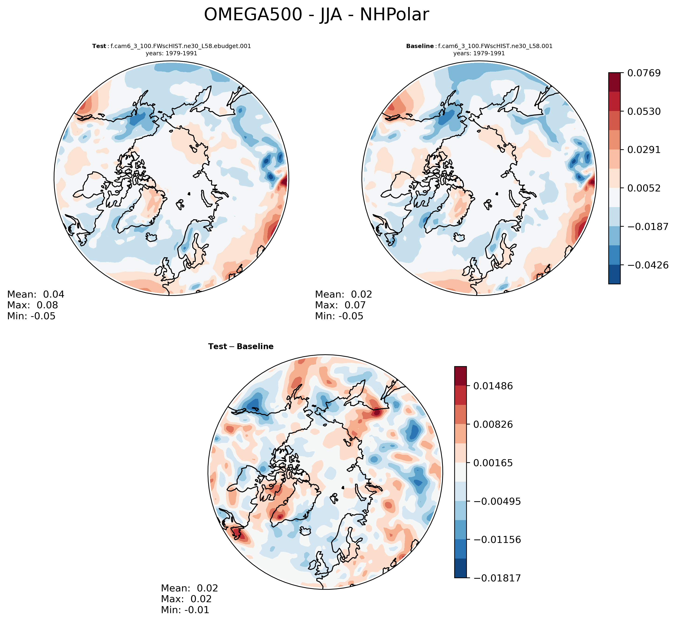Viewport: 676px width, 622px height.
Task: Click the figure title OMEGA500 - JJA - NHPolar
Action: [x=316, y=15]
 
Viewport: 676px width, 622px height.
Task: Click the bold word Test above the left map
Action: [x=99, y=46]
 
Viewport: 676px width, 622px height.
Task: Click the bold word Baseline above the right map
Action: [x=420, y=46]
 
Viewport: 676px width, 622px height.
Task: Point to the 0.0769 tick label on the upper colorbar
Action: [x=644, y=73]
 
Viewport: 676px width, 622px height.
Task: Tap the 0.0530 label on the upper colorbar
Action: [x=644, y=111]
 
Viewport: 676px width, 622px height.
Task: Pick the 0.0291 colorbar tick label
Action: [x=644, y=150]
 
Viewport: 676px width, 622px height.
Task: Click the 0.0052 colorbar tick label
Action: [x=644, y=188]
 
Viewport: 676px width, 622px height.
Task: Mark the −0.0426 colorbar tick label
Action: [x=647, y=265]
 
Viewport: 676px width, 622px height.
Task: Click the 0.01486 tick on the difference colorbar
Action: [x=493, y=386]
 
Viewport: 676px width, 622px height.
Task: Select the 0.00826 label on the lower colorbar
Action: [x=493, y=424]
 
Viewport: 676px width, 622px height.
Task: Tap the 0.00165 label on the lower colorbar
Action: [x=493, y=463]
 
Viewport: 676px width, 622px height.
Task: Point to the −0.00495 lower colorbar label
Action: [x=497, y=501]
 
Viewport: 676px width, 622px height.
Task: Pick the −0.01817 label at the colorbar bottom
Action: [x=497, y=578]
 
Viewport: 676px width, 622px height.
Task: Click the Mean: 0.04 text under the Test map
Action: [x=36, y=295]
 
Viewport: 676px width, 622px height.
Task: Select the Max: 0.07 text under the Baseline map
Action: [x=340, y=305]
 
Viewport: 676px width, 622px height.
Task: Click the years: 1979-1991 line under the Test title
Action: [x=171, y=53]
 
